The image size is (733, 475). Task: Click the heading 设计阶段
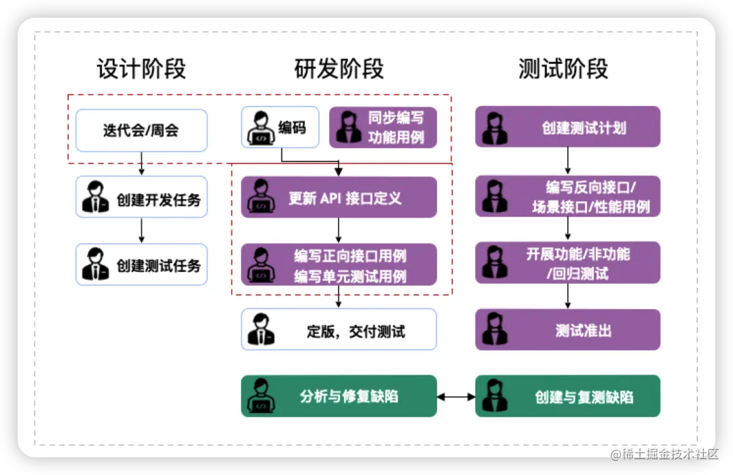pos(141,69)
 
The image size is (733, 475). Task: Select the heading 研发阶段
pos(339,69)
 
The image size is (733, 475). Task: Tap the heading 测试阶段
pos(563,69)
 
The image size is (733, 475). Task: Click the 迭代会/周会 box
pos(141,130)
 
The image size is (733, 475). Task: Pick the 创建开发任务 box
pos(141,197)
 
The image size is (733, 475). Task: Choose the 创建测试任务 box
pos(141,264)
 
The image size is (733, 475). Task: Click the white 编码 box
pos(280,127)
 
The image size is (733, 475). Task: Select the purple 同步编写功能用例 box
pos(383,127)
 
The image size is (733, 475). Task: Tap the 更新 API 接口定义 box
pos(339,197)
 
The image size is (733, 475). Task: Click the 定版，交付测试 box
pos(339,330)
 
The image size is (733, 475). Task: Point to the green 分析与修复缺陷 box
pos(339,396)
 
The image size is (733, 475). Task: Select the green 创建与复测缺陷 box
pos(567,396)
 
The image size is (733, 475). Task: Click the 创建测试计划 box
pos(567,127)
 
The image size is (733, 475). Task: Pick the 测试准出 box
pos(567,330)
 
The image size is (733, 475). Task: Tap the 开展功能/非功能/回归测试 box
pos(567,263)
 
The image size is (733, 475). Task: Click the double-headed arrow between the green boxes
pos(456,396)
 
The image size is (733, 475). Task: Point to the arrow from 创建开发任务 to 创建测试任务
pos(141,230)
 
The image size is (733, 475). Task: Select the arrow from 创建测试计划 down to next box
pos(567,161)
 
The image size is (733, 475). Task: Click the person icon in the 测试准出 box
pos(495,330)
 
